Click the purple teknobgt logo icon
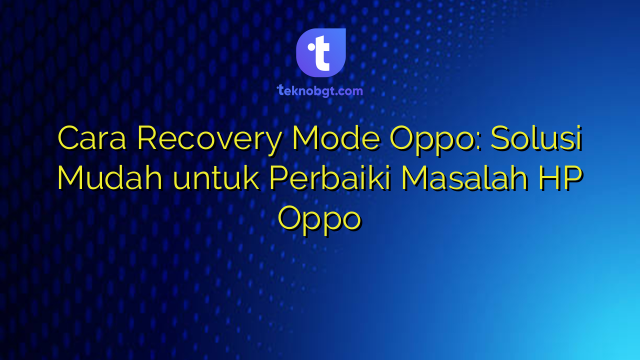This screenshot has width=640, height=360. (320, 51)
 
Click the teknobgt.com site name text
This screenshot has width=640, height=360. (320, 90)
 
